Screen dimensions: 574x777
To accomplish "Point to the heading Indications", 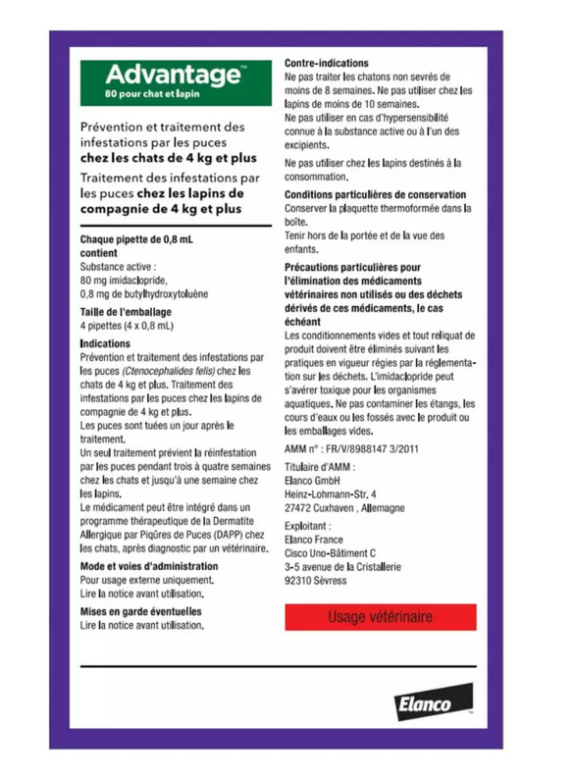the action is (x=105, y=343).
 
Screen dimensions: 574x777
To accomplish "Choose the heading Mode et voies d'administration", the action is (x=148, y=567).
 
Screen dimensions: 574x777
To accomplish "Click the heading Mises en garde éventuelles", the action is (x=140, y=610).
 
